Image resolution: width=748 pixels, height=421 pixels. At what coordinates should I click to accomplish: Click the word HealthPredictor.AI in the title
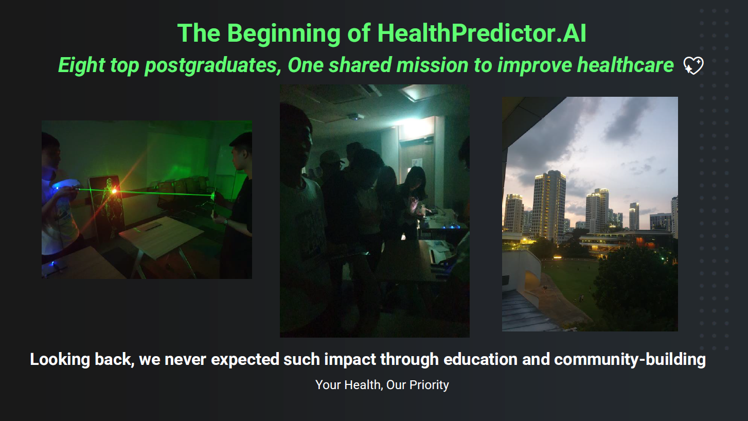pyautogui.click(x=482, y=34)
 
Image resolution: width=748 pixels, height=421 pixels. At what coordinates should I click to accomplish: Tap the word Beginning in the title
pyautogui.click(x=283, y=34)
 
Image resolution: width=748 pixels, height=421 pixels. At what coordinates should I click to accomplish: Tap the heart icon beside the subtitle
pyautogui.click(x=693, y=66)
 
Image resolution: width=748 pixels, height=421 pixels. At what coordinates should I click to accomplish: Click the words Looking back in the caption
pyautogui.click(x=82, y=359)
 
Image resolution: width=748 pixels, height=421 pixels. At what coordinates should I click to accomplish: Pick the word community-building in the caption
pyautogui.click(x=630, y=359)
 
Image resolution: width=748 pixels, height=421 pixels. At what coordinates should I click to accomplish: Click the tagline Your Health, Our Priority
pyautogui.click(x=382, y=385)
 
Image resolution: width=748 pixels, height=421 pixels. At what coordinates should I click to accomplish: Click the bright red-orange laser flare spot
pyautogui.click(x=114, y=191)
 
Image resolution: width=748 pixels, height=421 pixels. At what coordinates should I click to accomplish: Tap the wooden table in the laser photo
pyautogui.click(x=161, y=234)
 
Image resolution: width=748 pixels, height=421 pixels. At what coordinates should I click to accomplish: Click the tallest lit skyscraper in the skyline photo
pyautogui.click(x=549, y=206)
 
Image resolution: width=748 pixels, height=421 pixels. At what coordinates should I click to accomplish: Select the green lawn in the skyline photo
pyautogui.click(x=571, y=280)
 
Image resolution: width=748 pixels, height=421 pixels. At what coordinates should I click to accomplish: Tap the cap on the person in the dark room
pyautogui.click(x=332, y=157)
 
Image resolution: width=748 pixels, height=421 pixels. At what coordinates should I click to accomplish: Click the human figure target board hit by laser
pyautogui.click(x=108, y=206)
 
